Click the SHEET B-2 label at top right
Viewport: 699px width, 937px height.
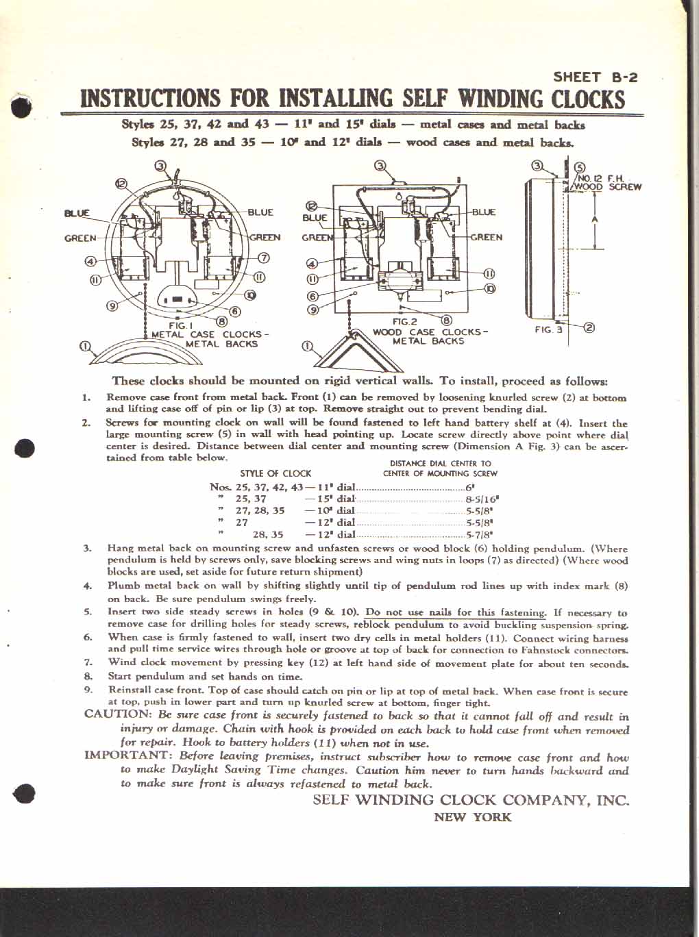[595, 77]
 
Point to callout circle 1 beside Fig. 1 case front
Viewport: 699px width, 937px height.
[85, 345]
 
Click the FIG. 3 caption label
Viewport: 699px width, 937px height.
[548, 329]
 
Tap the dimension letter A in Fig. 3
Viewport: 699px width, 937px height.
[594, 219]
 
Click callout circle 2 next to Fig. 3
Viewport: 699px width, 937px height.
[589, 327]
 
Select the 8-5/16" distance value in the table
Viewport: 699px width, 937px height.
[482, 499]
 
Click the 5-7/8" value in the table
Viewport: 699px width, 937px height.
[480, 534]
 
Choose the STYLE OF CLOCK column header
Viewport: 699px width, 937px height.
[275, 473]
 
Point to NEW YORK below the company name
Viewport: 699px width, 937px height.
[472, 816]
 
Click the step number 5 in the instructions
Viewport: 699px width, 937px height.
[88, 612]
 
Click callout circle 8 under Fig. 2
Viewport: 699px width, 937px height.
[447, 319]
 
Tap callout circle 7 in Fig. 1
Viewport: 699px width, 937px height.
[263, 258]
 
